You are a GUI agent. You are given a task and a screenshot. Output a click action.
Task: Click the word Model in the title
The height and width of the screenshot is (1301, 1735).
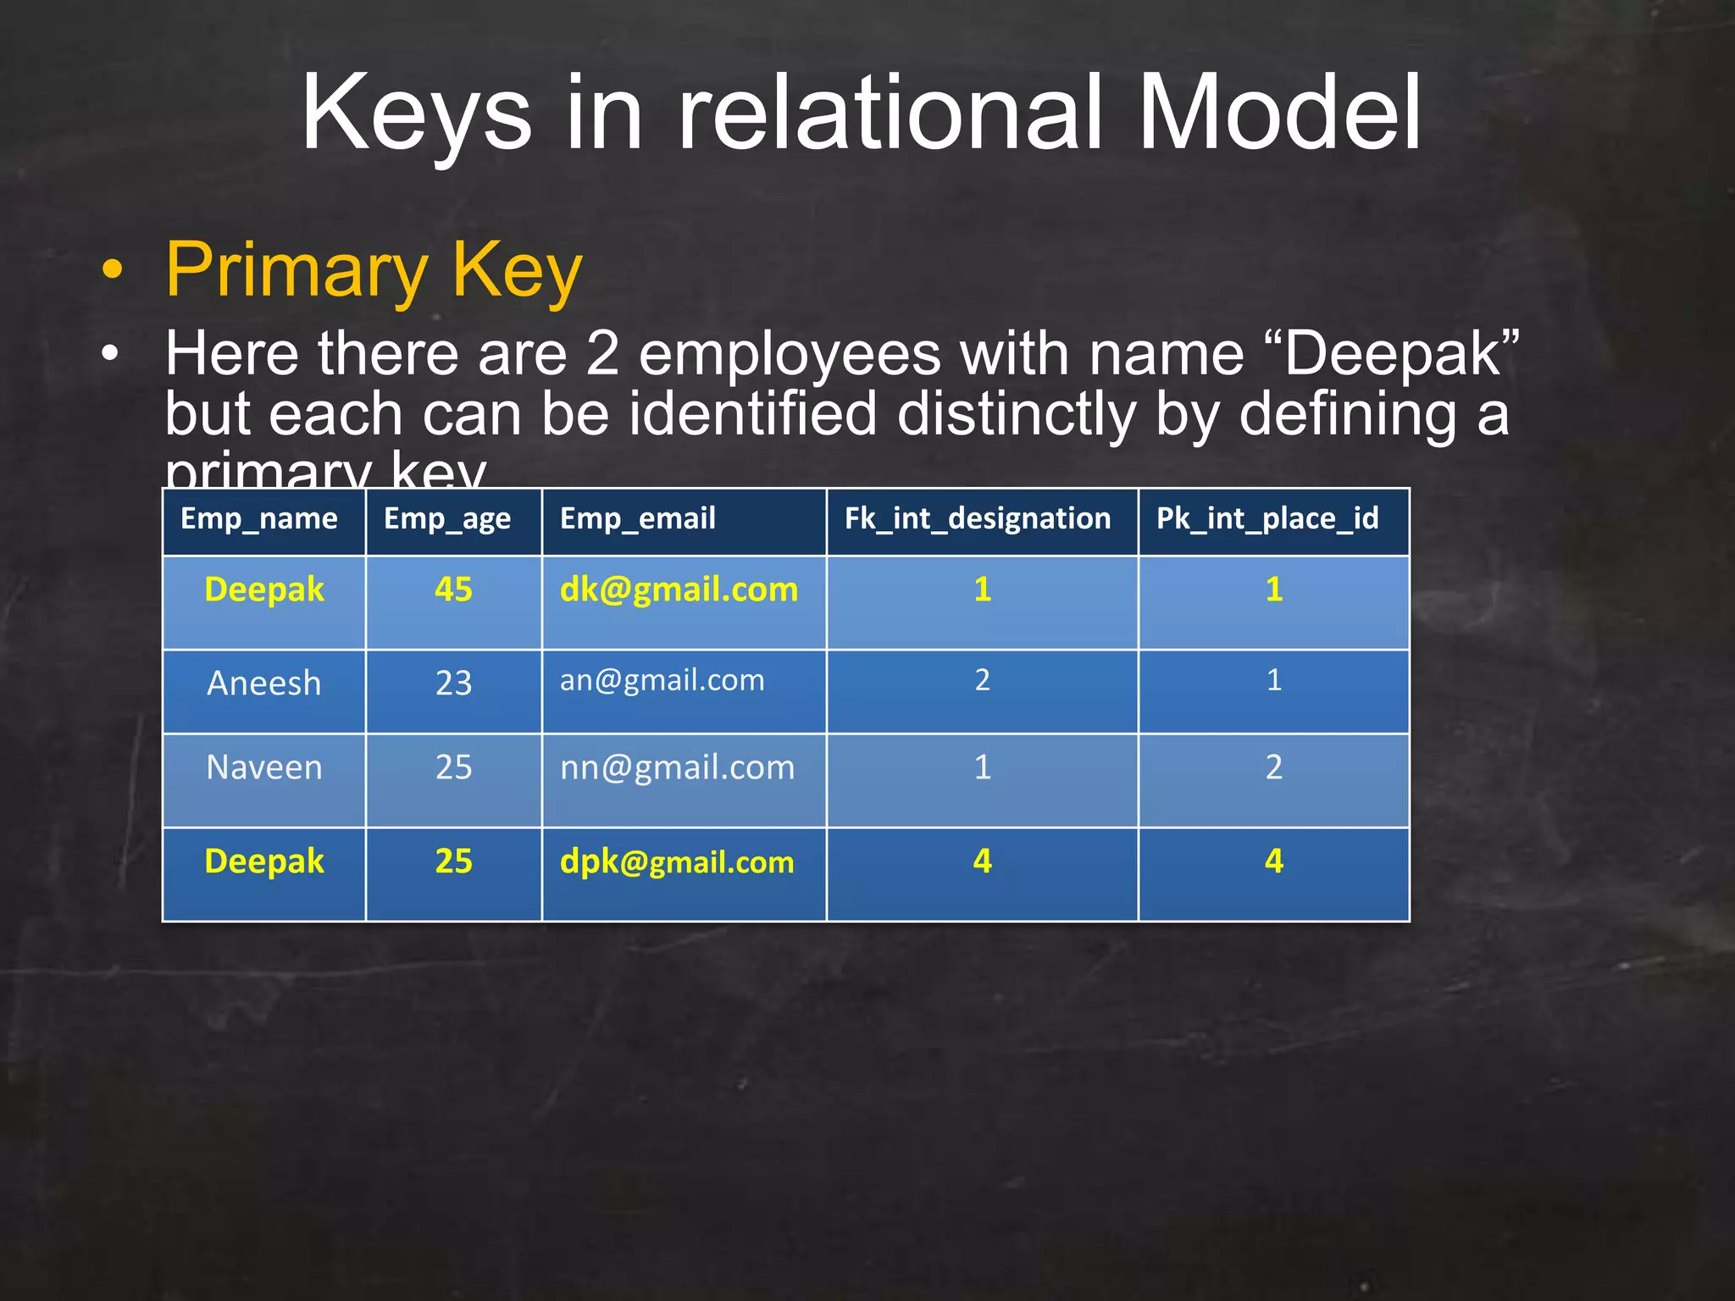[1278, 113]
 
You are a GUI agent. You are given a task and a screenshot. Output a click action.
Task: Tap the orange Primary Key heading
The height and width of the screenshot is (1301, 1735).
[374, 269]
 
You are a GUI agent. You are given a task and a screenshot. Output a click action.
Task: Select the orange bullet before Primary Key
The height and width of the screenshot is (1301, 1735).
[112, 270]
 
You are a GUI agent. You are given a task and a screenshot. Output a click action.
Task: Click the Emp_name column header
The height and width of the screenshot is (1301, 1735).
[259, 518]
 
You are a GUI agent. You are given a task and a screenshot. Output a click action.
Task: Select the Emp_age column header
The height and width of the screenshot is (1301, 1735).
[447, 518]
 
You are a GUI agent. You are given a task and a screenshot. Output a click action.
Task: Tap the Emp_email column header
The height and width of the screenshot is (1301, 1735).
[637, 518]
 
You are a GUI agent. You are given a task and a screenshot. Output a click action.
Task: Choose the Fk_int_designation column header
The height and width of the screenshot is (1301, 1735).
[977, 518]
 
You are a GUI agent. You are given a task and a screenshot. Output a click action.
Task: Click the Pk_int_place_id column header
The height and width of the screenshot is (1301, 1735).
[1267, 518]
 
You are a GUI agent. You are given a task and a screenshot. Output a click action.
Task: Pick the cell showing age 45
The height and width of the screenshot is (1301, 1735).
[453, 590]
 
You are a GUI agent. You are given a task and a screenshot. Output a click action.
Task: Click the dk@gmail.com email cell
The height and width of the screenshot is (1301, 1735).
[679, 590]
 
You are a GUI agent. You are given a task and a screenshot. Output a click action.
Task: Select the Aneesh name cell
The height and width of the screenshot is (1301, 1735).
[264, 684]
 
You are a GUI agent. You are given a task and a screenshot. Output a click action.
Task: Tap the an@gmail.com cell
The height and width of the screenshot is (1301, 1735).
[662, 680]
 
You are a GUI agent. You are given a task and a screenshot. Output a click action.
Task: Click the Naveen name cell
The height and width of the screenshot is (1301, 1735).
[264, 767]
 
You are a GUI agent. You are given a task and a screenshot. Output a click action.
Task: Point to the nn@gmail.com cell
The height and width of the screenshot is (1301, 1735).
[677, 767]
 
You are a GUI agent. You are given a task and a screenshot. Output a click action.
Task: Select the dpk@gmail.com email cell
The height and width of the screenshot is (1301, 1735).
[677, 862]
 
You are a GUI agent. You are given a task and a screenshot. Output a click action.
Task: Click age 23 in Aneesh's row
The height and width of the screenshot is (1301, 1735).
[453, 684]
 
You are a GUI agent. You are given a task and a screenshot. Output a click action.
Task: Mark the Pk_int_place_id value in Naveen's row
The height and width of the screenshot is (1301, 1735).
[1273, 767]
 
